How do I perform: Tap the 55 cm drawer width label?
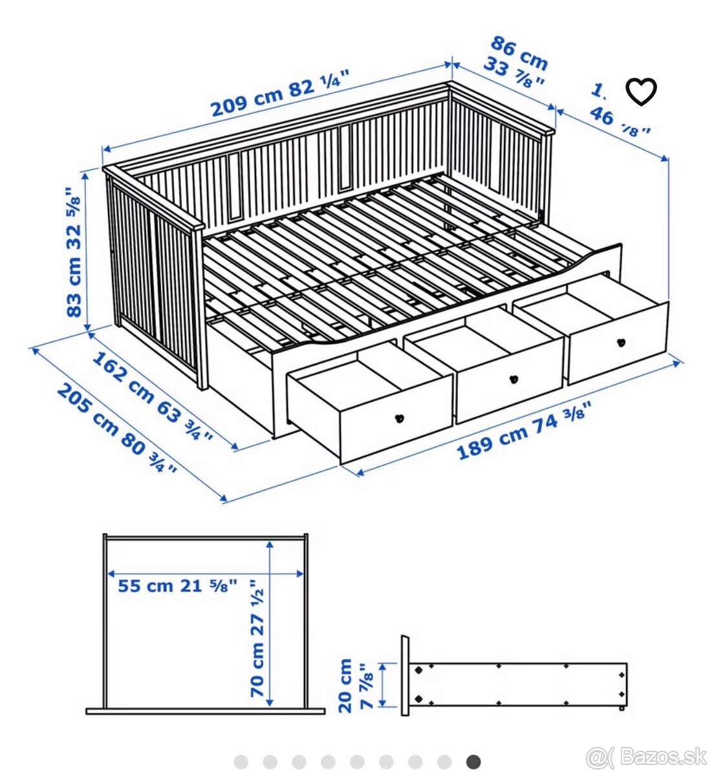(146, 586)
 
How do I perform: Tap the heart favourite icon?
(642, 92)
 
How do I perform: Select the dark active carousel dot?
(473, 762)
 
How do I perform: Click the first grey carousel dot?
(241, 762)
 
